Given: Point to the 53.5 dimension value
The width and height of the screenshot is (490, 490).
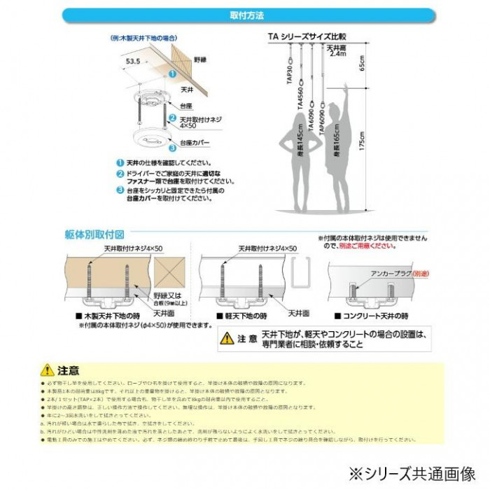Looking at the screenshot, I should (133, 62).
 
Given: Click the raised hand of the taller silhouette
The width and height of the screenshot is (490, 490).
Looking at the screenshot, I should (348, 89).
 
